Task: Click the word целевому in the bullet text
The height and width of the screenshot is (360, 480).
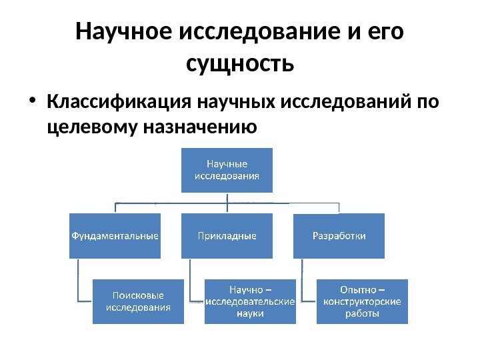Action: point(88,126)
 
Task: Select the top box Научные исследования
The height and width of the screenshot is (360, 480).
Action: point(227,170)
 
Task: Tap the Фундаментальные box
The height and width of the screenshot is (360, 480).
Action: point(115,235)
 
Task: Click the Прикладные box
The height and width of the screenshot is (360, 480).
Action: point(227,235)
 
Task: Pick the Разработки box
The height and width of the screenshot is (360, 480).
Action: point(339,235)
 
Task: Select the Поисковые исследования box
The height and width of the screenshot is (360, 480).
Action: point(138,301)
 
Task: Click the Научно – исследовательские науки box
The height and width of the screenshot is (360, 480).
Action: point(250,301)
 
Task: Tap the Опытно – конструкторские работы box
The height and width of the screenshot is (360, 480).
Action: point(361,301)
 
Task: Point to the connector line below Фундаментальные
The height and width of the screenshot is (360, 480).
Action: point(78,280)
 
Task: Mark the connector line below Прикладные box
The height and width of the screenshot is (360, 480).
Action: point(190,280)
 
